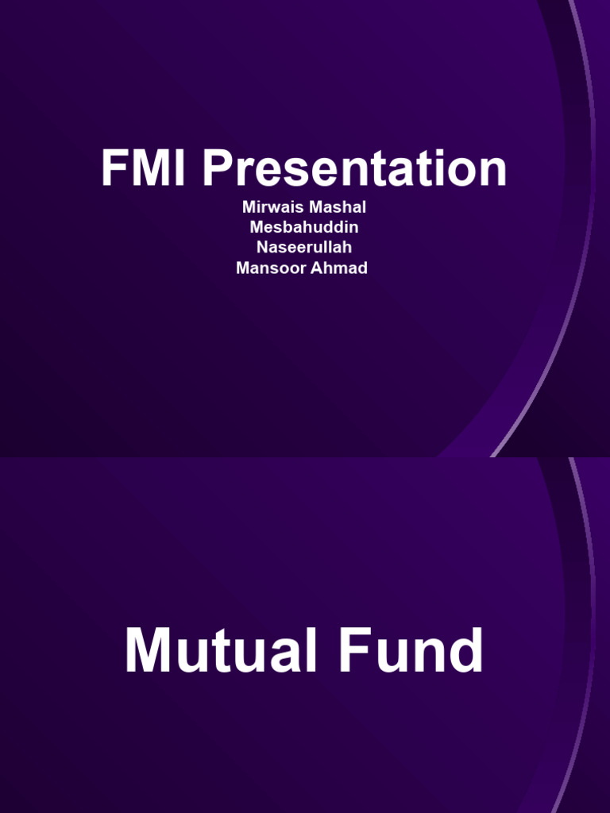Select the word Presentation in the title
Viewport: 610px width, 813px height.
point(353,169)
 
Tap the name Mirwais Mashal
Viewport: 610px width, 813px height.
point(304,207)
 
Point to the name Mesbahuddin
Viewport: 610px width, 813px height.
point(304,227)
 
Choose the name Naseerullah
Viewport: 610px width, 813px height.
point(304,248)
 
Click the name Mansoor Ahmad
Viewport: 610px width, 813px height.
point(302,268)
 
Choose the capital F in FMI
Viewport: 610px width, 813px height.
point(114,169)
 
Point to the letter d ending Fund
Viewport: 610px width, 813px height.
point(466,653)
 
